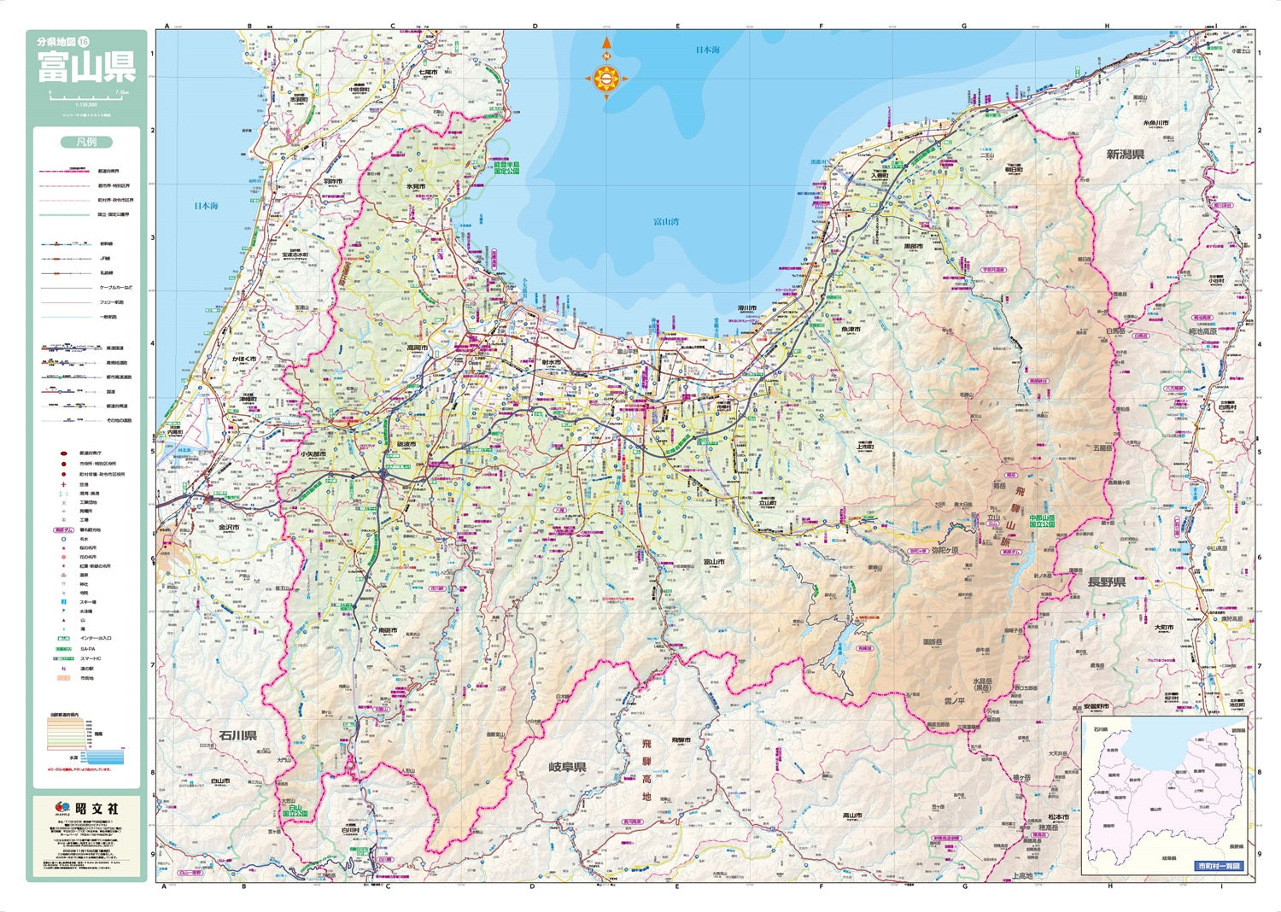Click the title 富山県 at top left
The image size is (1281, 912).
pyautogui.click(x=85, y=68)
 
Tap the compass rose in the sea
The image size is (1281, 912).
pyautogui.click(x=606, y=79)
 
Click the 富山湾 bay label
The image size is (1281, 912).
pyautogui.click(x=666, y=222)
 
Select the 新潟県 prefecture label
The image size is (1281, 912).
pyautogui.click(x=1125, y=155)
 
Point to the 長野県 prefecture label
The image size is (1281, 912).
pyautogui.click(x=1106, y=582)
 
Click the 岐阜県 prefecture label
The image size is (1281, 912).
pyautogui.click(x=567, y=768)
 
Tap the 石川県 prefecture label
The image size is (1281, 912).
pyautogui.click(x=237, y=735)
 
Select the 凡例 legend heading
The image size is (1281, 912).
pyautogui.click(x=86, y=142)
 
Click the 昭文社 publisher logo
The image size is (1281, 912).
pyautogui.click(x=87, y=808)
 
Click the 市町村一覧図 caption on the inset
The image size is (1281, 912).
pyautogui.click(x=1219, y=866)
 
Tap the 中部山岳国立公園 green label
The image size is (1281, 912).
pyautogui.click(x=1042, y=520)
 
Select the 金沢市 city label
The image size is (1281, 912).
pyautogui.click(x=229, y=528)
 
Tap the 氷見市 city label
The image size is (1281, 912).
pyautogui.click(x=416, y=185)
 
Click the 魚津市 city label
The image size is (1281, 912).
pyautogui.click(x=851, y=329)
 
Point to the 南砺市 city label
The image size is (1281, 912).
pyautogui.click(x=388, y=630)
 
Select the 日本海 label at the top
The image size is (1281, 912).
pyautogui.click(x=707, y=50)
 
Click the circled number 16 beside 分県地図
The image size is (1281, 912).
pyautogui.click(x=84, y=42)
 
